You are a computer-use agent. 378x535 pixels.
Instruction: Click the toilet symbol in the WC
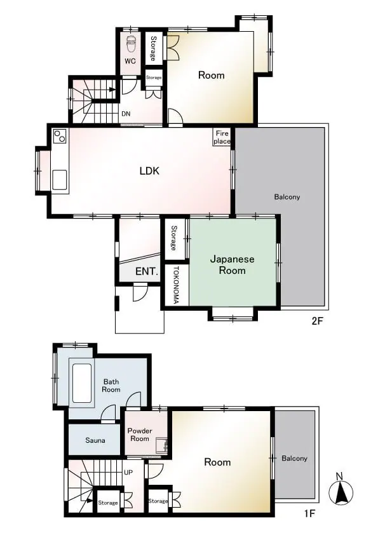click(131, 44)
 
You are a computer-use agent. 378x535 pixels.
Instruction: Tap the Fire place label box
click(222, 137)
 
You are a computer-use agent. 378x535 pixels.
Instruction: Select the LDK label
click(149, 170)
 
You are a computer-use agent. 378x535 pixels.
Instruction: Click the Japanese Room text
click(232, 265)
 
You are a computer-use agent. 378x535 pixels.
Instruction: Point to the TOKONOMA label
click(176, 285)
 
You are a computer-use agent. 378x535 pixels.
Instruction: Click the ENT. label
click(147, 271)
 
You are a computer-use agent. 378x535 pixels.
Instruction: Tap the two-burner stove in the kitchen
click(60, 136)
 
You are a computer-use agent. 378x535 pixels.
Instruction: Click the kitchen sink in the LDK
click(60, 179)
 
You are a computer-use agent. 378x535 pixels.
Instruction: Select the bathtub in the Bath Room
click(82, 383)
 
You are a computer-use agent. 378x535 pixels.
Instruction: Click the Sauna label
click(95, 440)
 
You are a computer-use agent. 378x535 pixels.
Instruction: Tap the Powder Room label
click(140, 435)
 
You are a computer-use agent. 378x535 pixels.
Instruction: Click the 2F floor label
click(317, 321)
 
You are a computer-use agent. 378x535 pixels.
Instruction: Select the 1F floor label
click(309, 513)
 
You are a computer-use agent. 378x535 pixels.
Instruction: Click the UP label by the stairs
click(128, 473)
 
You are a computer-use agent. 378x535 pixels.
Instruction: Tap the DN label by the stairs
click(126, 114)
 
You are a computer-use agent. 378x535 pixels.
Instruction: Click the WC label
click(130, 61)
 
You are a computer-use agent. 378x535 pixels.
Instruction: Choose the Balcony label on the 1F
click(294, 458)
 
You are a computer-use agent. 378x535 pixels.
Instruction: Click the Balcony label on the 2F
click(287, 197)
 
